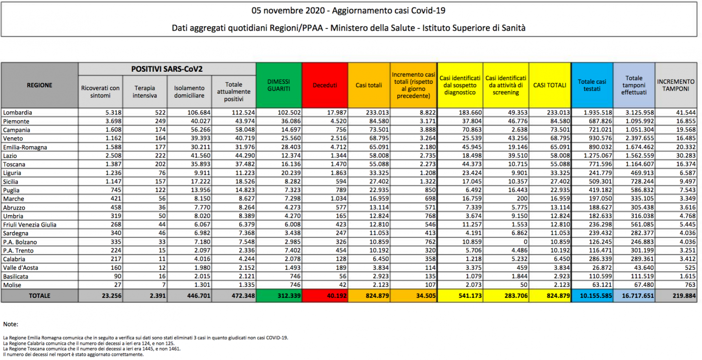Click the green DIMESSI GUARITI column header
click(279, 85)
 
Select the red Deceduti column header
click(325, 85)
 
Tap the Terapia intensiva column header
click(145, 92)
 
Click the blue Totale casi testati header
click(592, 85)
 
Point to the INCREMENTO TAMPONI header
click(676, 85)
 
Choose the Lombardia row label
click(18, 112)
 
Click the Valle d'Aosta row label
click(21, 268)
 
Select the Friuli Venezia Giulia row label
click(30, 225)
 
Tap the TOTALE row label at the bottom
click(40, 295)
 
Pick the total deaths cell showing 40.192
click(336, 295)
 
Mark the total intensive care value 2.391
click(157, 295)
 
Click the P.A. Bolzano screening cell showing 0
click(525, 242)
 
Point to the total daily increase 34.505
click(426, 295)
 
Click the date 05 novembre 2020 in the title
click(288, 11)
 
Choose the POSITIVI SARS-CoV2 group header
click(166, 69)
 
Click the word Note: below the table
click(11, 324)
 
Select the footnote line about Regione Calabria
click(89, 343)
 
